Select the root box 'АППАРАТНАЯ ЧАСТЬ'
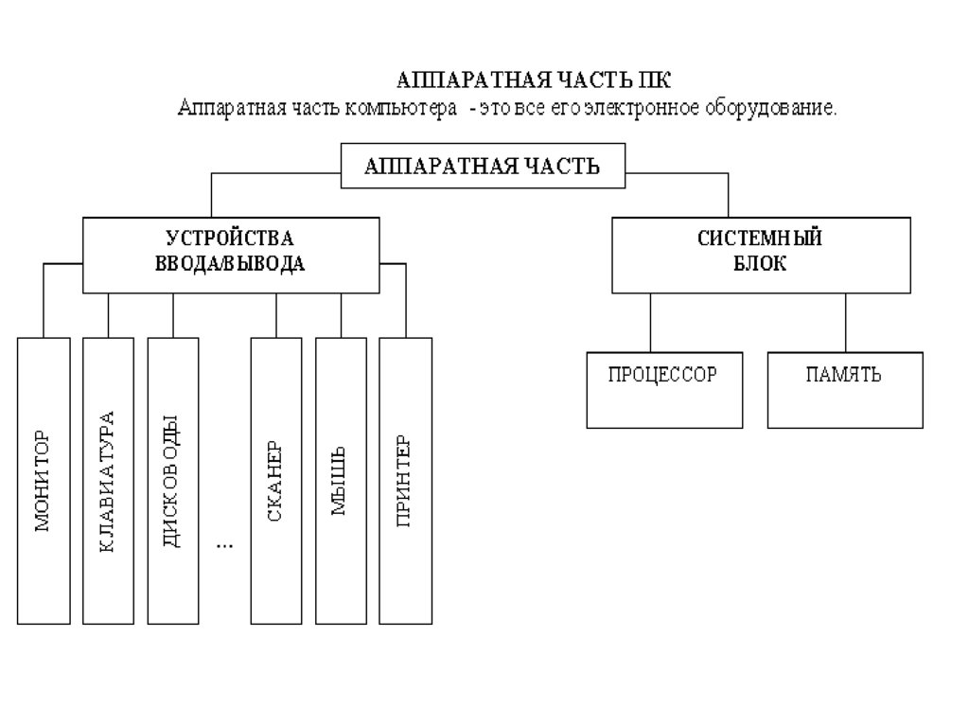[x=483, y=168]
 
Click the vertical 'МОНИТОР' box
[x=44, y=480]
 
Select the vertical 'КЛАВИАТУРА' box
[x=108, y=480]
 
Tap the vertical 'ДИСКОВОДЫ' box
[x=173, y=480]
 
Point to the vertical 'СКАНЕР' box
[x=276, y=480]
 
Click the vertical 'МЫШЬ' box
[x=341, y=480]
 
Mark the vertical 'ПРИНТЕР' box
[x=405, y=480]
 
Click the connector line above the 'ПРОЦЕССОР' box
[x=651, y=323]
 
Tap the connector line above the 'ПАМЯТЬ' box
[x=846, y=323]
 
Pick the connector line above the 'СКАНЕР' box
[x=276, y=315]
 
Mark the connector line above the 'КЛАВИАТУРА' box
[x=108, y=315]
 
